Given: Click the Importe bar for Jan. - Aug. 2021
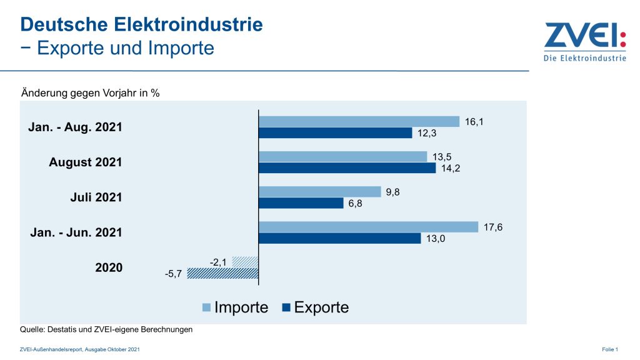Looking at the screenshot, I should click(359, 121).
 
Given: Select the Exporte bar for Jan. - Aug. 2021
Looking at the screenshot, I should click(335, 133).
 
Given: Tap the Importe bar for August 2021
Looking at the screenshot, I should click(342, 156).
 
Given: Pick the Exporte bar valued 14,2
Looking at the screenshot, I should click(347, 168).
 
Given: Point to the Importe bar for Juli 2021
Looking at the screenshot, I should click(319, 191).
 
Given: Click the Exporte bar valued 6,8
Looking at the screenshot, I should click(301, 203).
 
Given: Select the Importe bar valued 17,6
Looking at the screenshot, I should click(368, 227).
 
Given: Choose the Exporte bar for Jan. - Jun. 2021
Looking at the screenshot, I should click(339, 238).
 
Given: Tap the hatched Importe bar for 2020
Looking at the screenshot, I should click(245, 261).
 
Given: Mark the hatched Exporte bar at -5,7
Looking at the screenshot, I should click(222, 273).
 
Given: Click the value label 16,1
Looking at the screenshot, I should click(474, 122).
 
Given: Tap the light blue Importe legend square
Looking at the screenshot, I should click(206, 307).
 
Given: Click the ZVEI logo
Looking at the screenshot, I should click(584, 42).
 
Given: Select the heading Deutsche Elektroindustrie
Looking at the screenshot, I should click(141, 24).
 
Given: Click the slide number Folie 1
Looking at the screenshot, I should click(609, 349).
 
